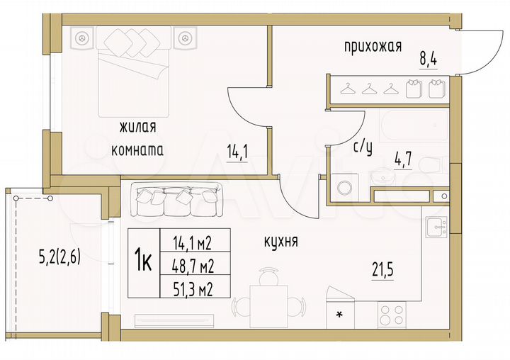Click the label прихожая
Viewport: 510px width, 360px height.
coord(373,47)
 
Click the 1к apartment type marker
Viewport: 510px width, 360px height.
coord(144,263)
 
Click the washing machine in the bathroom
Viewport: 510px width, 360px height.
coord(347,189)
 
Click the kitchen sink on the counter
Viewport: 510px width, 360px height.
coord(434,227)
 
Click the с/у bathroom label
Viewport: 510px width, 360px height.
coord(363,147)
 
